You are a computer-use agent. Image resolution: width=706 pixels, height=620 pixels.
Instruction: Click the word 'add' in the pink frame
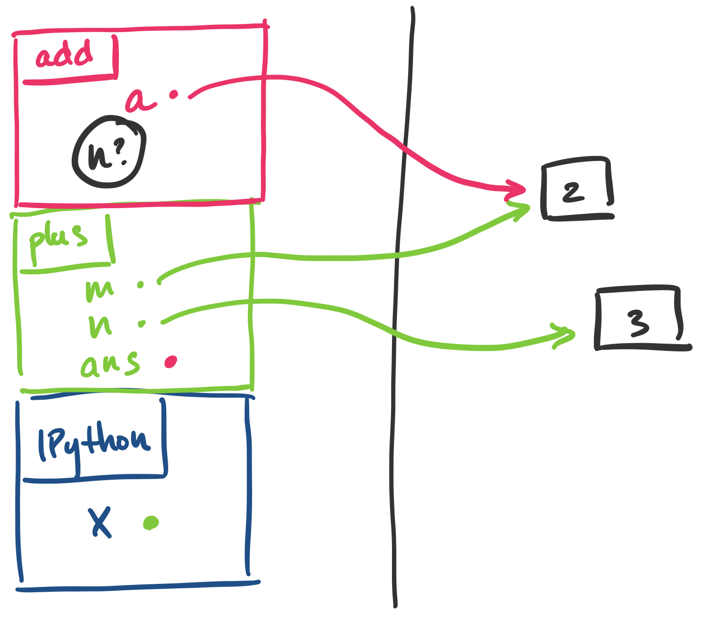(64, 55)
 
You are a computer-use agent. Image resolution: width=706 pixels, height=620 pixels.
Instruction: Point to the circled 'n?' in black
(108, 152)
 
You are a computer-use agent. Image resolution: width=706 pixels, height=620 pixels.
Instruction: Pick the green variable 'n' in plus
(100, 326)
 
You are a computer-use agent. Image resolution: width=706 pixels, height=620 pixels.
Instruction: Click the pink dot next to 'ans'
(171, 361)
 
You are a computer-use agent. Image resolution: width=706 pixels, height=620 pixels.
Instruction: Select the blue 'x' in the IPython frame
(100, 522)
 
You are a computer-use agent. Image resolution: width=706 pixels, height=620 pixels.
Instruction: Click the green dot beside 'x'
(151, 523)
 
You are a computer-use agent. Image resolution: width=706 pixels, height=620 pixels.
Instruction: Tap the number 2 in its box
(573, 193)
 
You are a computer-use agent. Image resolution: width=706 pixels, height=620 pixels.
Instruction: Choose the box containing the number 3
(639, 319)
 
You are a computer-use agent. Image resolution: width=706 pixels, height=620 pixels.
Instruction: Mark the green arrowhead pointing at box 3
(566, 335)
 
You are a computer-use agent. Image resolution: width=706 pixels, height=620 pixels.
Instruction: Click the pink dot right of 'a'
(173, 95)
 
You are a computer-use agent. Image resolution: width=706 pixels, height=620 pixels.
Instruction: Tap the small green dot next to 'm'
(141, 285)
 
